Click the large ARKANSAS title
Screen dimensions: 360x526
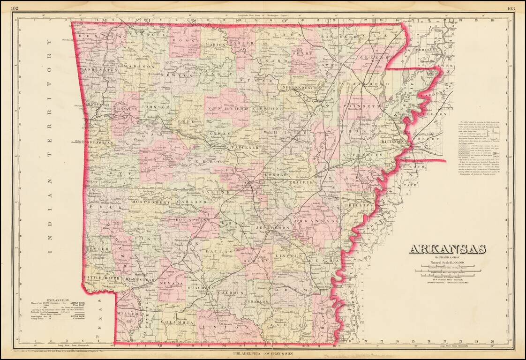click(447, 249)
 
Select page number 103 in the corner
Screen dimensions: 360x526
click(511, 8)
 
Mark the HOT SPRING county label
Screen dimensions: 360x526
click(188, 220)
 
